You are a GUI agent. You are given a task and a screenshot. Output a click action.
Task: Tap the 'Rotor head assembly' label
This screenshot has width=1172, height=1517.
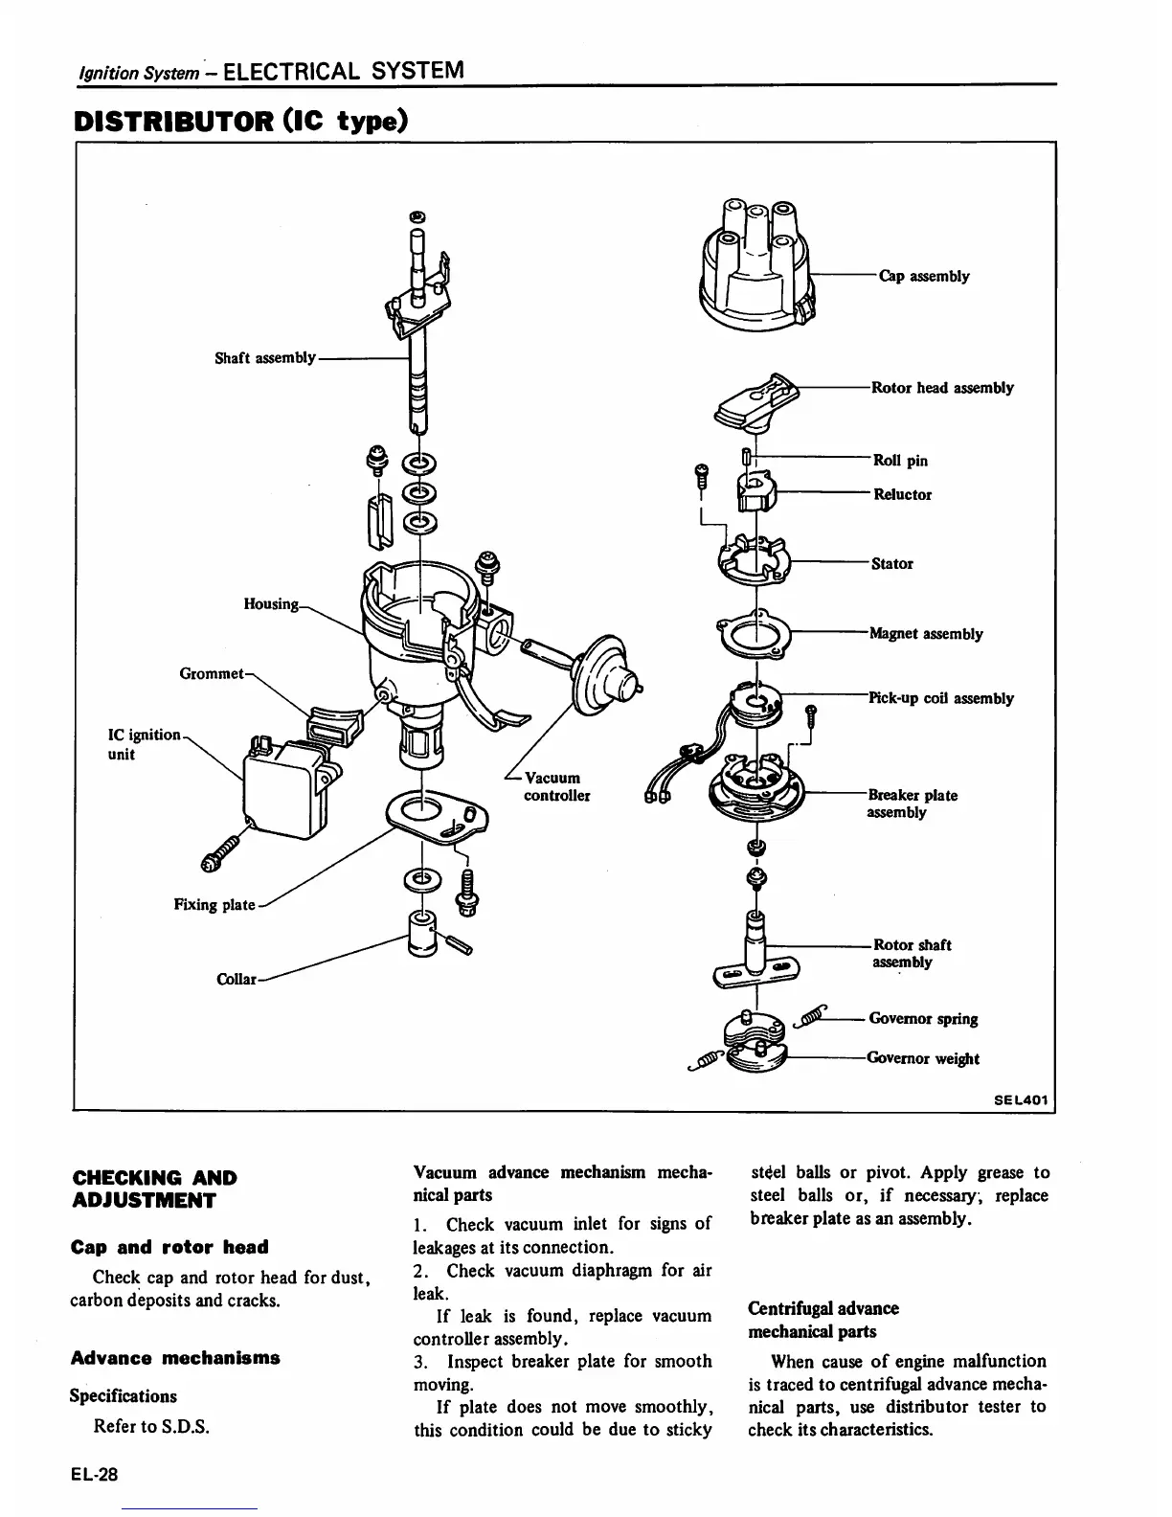click(941, 388)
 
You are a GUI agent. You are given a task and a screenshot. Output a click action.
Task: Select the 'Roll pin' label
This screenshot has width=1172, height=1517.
click(900, 461)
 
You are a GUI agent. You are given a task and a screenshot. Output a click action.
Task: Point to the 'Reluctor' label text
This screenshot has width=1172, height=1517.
click(902, 495)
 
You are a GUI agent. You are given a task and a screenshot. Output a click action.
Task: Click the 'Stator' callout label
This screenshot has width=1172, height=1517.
click(891, 564)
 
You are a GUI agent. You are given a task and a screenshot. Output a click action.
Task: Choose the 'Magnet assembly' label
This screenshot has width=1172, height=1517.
click(925, 634)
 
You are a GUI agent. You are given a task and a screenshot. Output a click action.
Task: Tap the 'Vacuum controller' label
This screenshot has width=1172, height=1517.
click(556, 786)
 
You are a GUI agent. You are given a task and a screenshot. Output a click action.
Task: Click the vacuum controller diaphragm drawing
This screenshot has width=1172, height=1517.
click(603, 675)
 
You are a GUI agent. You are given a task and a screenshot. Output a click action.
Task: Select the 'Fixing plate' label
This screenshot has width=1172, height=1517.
click(214, 905)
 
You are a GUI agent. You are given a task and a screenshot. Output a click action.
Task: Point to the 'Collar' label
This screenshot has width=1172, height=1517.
click(237, 980)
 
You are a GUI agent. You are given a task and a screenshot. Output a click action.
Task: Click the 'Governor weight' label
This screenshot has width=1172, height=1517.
click(922, 1058)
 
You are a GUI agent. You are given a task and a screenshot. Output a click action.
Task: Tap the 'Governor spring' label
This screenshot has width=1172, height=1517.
click(923, 1019)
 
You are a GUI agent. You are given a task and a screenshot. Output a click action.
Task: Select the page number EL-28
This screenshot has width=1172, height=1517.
click(93, 1474)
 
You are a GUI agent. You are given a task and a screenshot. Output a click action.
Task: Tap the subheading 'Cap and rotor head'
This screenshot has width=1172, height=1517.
click(169, 1247)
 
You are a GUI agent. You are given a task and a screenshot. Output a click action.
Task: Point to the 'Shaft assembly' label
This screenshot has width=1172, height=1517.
click(264, 358)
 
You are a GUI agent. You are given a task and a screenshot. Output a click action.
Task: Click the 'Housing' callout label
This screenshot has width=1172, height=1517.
click(272, 604)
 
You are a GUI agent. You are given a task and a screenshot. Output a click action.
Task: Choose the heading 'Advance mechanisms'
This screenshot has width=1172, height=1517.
click(175, 1358)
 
